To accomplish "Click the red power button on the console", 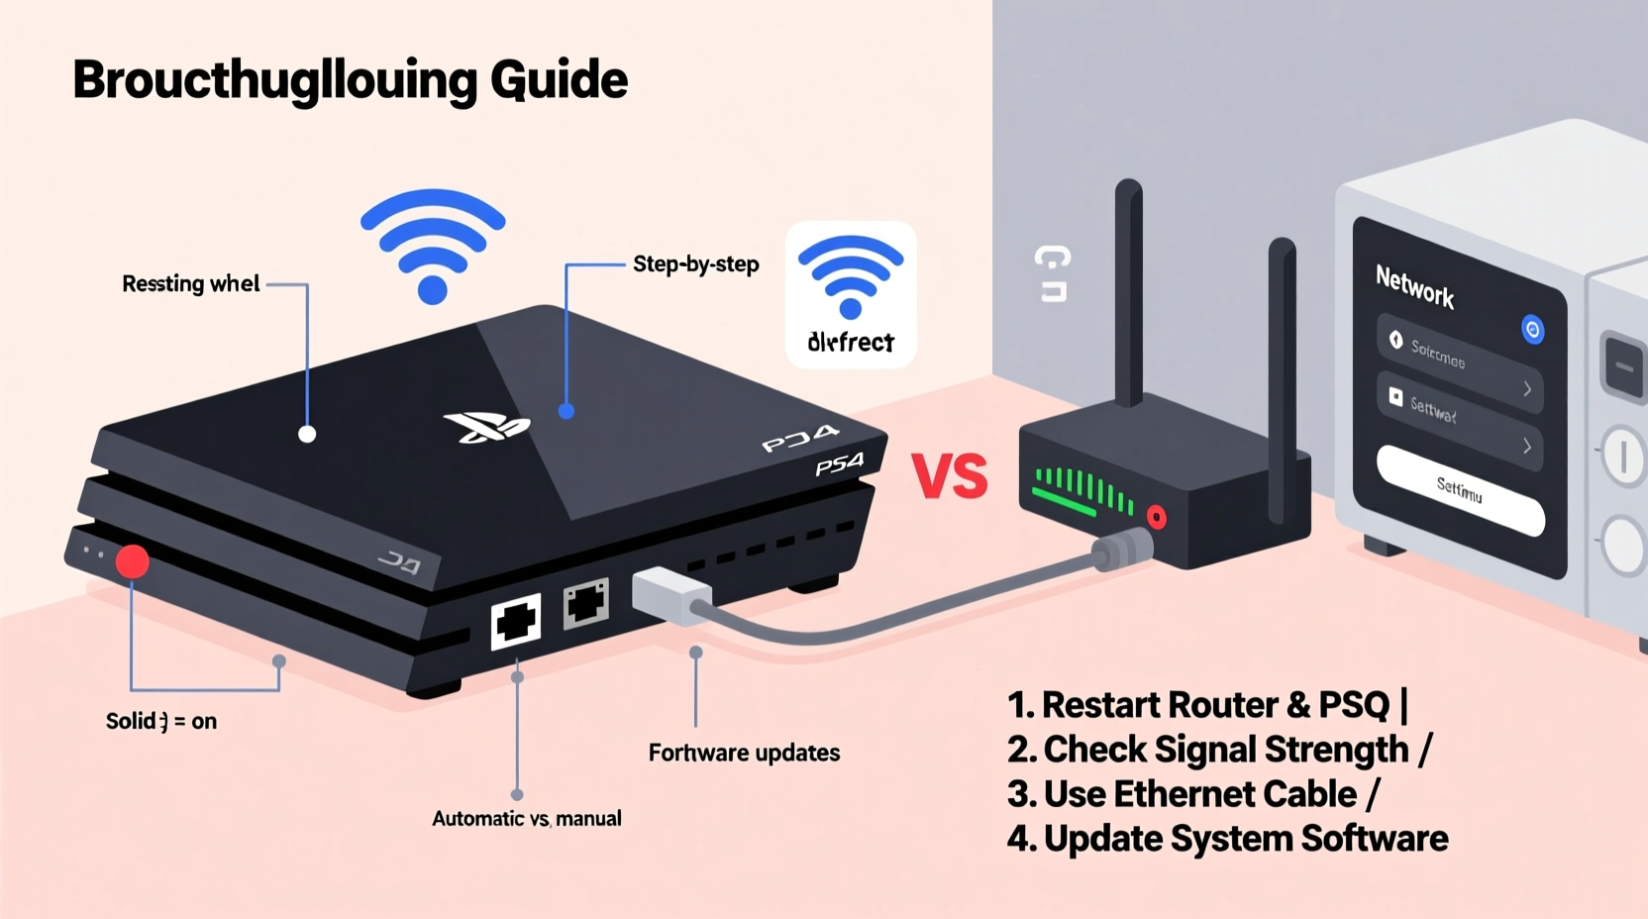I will [133, 561].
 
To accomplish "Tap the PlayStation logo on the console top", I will [486, 427].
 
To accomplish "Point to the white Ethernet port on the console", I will [516, 621].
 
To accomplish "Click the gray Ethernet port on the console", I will [585, 603].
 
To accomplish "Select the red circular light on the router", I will [1156, 516].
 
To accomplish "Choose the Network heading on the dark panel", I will [1414, 286].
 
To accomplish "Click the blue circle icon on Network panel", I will [1532, 330].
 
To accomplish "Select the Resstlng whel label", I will [190, 284].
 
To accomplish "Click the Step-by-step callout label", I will [695, 264].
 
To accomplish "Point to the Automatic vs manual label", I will [526, 819].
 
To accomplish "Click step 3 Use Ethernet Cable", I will [1192, 794].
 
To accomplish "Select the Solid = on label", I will [160, 721].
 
